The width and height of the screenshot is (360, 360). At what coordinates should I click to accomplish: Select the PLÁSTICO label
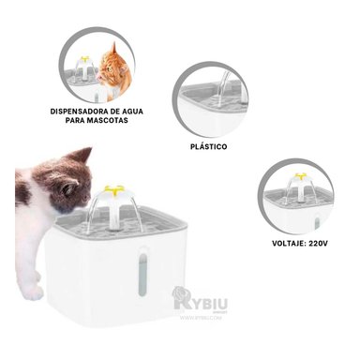pos(207,147)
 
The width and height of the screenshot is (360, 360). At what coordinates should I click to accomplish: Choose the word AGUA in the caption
pos(125,111)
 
